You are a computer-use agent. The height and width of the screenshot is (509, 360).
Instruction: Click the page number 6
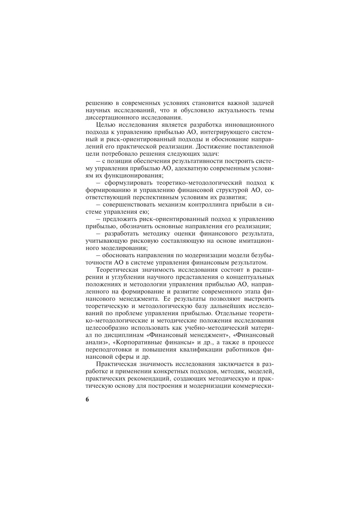click(x=87, y=399)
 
